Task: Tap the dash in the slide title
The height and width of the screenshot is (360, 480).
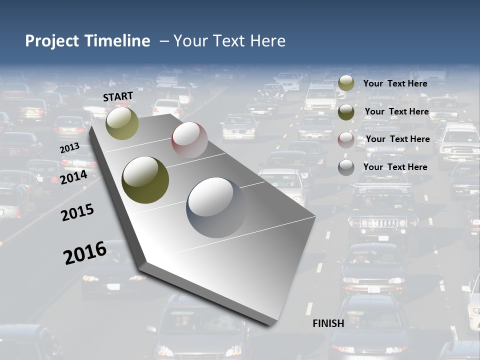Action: (163, 41)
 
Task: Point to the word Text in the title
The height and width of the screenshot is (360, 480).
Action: (230, 41)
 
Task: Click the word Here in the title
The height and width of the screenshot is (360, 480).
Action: (266, 41)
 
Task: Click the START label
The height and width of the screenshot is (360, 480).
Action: (118, 96)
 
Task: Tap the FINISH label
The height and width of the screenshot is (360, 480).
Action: (328, 323)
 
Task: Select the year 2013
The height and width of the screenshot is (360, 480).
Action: (69, 148)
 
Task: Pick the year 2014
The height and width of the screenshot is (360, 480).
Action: (74, 177)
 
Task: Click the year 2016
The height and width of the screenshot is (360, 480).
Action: (85, 253)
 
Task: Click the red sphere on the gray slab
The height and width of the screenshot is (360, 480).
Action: (189, 140)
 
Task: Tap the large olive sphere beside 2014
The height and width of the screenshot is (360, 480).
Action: (145, 180)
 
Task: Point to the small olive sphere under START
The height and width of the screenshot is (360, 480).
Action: (122, 123)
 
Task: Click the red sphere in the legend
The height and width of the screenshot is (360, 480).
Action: (346, 139)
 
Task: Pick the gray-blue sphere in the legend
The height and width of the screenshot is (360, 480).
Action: (346, 167)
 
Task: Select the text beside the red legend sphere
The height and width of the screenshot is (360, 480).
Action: (397, 139)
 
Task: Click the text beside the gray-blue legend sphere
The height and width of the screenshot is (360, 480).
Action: (395, 167)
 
